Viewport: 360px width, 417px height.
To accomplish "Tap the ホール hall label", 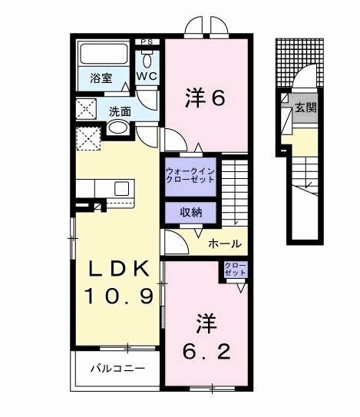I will point(225,244).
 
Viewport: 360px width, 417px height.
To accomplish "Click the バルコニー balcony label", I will point(117,368).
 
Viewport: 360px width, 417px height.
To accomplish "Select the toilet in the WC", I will point(147,58).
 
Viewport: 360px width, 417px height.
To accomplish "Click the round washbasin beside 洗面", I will point(117,130).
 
